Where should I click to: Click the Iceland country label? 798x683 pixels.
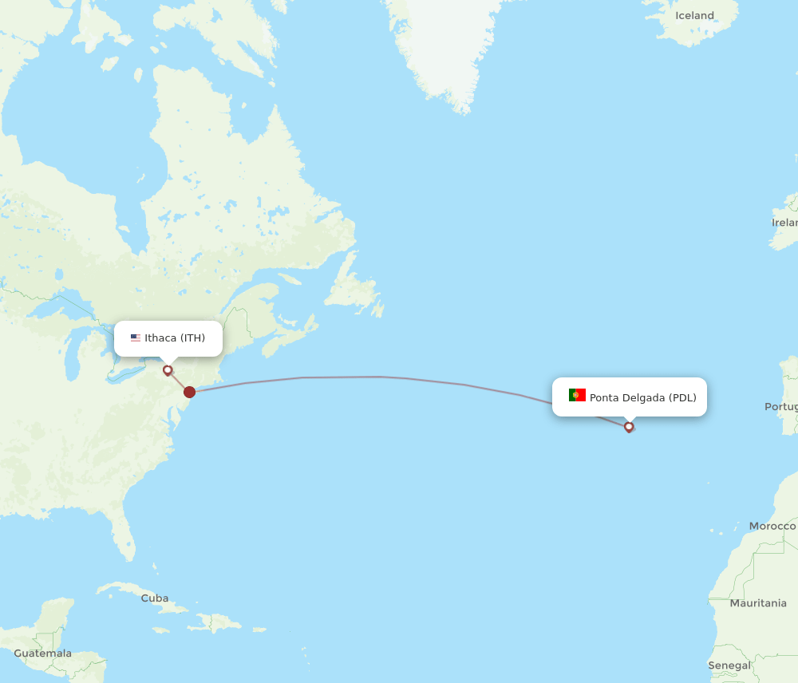694,15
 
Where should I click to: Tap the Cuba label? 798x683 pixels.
155,598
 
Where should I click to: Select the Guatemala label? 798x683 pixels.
42,653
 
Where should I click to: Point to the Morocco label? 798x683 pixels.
772,526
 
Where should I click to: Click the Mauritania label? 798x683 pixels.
757,603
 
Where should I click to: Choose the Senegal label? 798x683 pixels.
729,665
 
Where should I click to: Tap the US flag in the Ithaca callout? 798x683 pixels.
136,338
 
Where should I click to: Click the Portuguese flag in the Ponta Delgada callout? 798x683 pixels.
577,396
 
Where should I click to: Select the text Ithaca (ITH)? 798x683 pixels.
175,338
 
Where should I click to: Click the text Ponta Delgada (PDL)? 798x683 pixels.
642,397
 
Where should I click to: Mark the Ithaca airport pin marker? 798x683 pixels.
168,369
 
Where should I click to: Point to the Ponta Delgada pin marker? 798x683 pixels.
629,426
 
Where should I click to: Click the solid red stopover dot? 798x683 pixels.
189,392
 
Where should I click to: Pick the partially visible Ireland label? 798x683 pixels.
784,223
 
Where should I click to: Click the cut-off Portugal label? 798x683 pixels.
780,406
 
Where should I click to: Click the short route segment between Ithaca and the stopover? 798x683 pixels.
178,381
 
